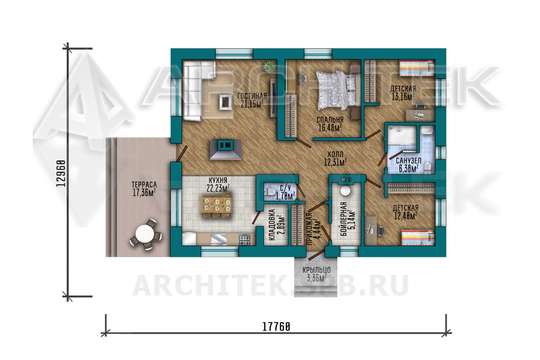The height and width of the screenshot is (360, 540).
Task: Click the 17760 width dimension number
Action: point(276,327)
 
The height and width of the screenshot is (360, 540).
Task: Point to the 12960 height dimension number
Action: point(61,173)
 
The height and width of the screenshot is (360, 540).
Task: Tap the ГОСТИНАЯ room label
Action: point(252,96)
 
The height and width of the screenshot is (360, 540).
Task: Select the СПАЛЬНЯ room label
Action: point(330,120)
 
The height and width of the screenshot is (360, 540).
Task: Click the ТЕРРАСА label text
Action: point(144,185)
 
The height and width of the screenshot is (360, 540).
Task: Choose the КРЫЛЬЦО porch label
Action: point(316,270)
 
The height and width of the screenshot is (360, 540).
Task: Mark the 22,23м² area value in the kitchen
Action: point(218,188)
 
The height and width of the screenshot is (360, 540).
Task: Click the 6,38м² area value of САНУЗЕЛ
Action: point(409,168)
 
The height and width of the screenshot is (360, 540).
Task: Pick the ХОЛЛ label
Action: point(335,154)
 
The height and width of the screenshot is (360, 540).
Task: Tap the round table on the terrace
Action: point(145,234)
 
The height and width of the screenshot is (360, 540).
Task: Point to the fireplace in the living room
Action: point(225,149)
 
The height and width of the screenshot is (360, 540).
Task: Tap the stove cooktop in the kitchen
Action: point(244,240)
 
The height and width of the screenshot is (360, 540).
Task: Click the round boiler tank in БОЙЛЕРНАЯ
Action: point(345,190)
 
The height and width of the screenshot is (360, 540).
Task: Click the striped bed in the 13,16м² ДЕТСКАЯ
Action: point(417,68)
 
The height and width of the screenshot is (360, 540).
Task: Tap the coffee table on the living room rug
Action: point(226,102)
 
